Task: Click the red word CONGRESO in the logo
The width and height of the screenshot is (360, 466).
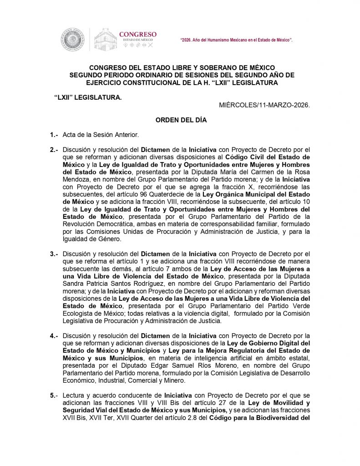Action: (137, 34)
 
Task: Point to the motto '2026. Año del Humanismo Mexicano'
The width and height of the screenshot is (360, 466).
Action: (236, 41)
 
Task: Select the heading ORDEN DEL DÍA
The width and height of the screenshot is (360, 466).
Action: (181, 121)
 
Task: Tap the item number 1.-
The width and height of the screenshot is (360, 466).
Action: (55, 135)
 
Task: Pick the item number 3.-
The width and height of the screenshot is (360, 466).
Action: (55, 253)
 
